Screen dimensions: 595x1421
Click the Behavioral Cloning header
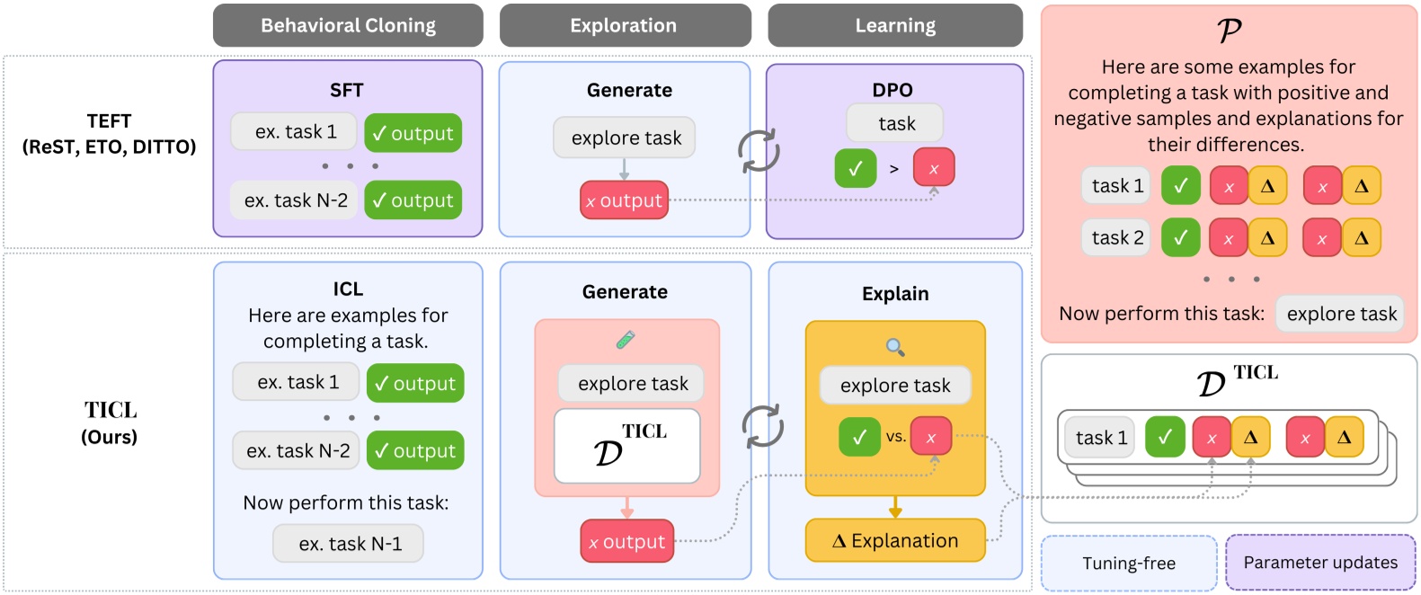[348, 25]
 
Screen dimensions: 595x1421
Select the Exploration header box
[625, 25]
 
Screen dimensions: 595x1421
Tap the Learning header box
[895, 25]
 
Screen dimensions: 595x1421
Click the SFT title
[347, 90]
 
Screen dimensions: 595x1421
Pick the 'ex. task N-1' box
[349, 544]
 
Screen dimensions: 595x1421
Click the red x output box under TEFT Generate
[624, 200]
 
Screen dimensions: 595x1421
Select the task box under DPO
[895, 123]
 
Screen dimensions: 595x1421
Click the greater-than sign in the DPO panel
[893, 169]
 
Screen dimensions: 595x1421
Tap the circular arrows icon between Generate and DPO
[759, 150]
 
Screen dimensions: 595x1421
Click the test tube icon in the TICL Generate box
[626, 340]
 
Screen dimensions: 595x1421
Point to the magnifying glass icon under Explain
[895, 347]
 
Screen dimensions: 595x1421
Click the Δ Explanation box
[895, 540]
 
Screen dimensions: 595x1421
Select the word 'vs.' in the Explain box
[895, 437]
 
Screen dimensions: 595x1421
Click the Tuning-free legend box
[1129, 564]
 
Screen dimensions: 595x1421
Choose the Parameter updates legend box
[1320, 563]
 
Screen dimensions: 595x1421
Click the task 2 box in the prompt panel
[1116, 238]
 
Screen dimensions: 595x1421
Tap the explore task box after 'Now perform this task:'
[1340, 314]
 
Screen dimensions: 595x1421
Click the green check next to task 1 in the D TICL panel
[1165, 437]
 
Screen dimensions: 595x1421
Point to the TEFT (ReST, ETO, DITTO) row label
[109, 134]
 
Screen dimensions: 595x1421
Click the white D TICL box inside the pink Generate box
[627, 446]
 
